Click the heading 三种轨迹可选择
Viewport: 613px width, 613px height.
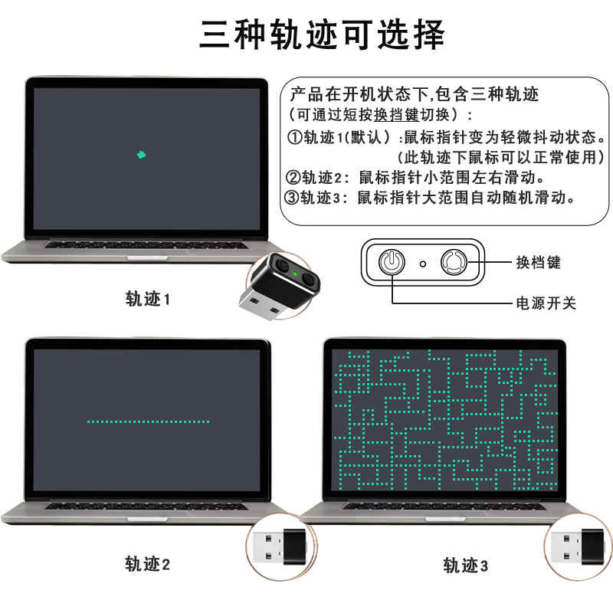pos(322,34)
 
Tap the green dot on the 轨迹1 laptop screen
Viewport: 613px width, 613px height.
pos(140,155)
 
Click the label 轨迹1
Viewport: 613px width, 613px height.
pos(148,299)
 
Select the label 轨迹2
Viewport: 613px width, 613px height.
pos(148,565)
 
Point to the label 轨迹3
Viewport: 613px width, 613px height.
pos(466,566)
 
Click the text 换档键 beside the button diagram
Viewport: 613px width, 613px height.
pos(538,263)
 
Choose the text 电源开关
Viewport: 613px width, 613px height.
pos(546,303)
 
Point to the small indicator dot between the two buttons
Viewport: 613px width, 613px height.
pos(422,264)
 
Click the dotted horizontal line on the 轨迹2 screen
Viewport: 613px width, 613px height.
pos(148,421)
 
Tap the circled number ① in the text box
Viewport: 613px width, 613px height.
pos(295,138)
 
